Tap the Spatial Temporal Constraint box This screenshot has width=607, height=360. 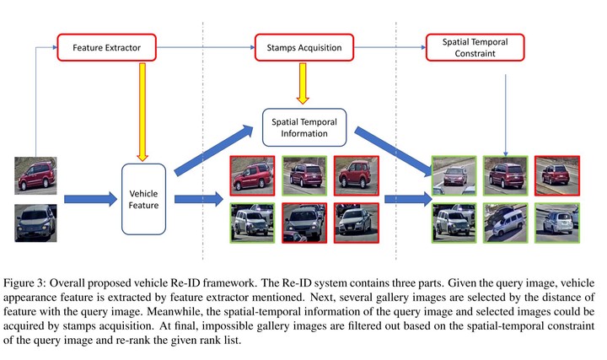[467, 47]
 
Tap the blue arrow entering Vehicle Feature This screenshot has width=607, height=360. [89, 200]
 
